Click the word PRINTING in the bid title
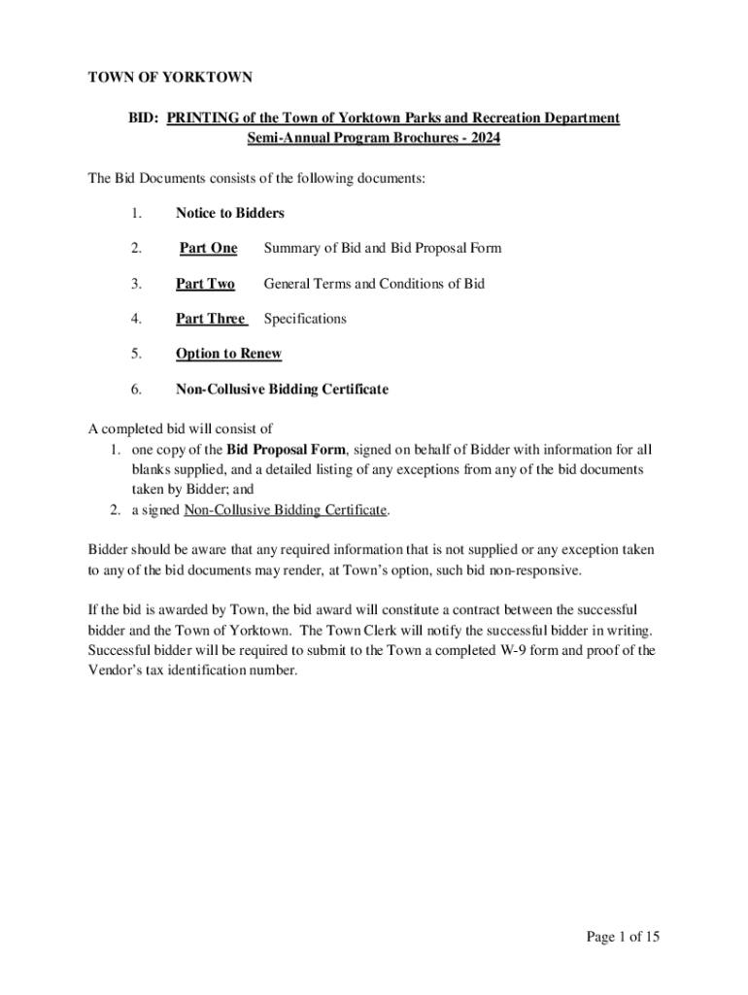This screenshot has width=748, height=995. pos(204,118)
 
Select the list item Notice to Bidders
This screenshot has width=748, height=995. pos(229,213)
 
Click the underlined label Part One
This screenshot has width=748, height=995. pos(209,248)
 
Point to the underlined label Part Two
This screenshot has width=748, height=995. pos(205,284)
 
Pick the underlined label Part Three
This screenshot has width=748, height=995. pos(211,319)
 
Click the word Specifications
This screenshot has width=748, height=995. pos(305,319)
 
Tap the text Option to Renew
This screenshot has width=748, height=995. pos(228,354)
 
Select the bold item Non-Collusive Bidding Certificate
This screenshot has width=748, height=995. pos(282,389)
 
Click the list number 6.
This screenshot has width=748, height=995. pos(137,389)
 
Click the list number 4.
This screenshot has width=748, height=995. pos(137,319)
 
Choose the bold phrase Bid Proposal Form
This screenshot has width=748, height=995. pos(286,450)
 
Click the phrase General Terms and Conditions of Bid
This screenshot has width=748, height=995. pos(374,284)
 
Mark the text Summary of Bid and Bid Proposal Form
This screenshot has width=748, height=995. pos(383,248)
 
